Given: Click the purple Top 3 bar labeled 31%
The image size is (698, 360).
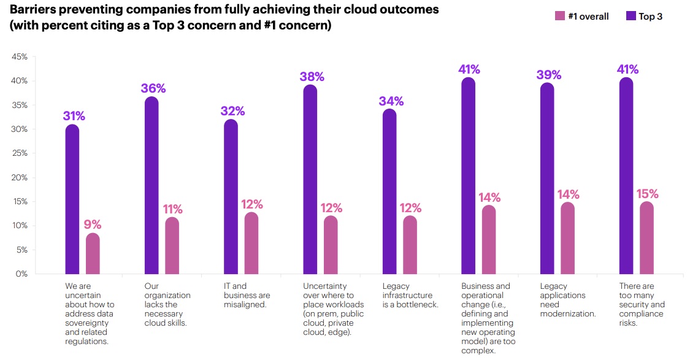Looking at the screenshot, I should tap(72, 199).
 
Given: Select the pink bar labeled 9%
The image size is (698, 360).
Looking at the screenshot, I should tap(93, 253).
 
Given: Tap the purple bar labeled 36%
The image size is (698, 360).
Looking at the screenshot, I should tap(151, 185).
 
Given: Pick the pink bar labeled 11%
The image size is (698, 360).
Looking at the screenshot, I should tap(172, 245).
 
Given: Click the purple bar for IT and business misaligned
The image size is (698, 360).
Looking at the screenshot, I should tap(231, 196).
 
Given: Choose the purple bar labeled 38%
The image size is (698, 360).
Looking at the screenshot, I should tap(310, 179).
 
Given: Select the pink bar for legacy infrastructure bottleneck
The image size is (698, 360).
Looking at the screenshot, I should tap(410, 245).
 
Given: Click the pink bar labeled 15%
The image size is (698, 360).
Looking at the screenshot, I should tap(646, 237).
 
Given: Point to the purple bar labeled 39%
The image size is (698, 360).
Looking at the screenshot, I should tap(547, 178).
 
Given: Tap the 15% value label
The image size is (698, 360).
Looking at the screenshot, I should tap(646, 194).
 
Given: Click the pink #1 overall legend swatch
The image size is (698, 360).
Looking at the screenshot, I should tap(559, 17).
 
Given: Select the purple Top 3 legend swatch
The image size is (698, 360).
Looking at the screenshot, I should tap(629, 17).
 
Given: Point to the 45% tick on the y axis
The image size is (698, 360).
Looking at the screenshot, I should tap(19, 57).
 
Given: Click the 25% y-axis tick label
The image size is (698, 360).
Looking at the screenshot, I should tap(19, 153).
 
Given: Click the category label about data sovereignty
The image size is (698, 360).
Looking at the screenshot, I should tap(90, 314).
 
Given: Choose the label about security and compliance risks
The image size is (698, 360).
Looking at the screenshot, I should tap(642, 305).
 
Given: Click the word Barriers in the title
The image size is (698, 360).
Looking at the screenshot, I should tap(31, 10).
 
